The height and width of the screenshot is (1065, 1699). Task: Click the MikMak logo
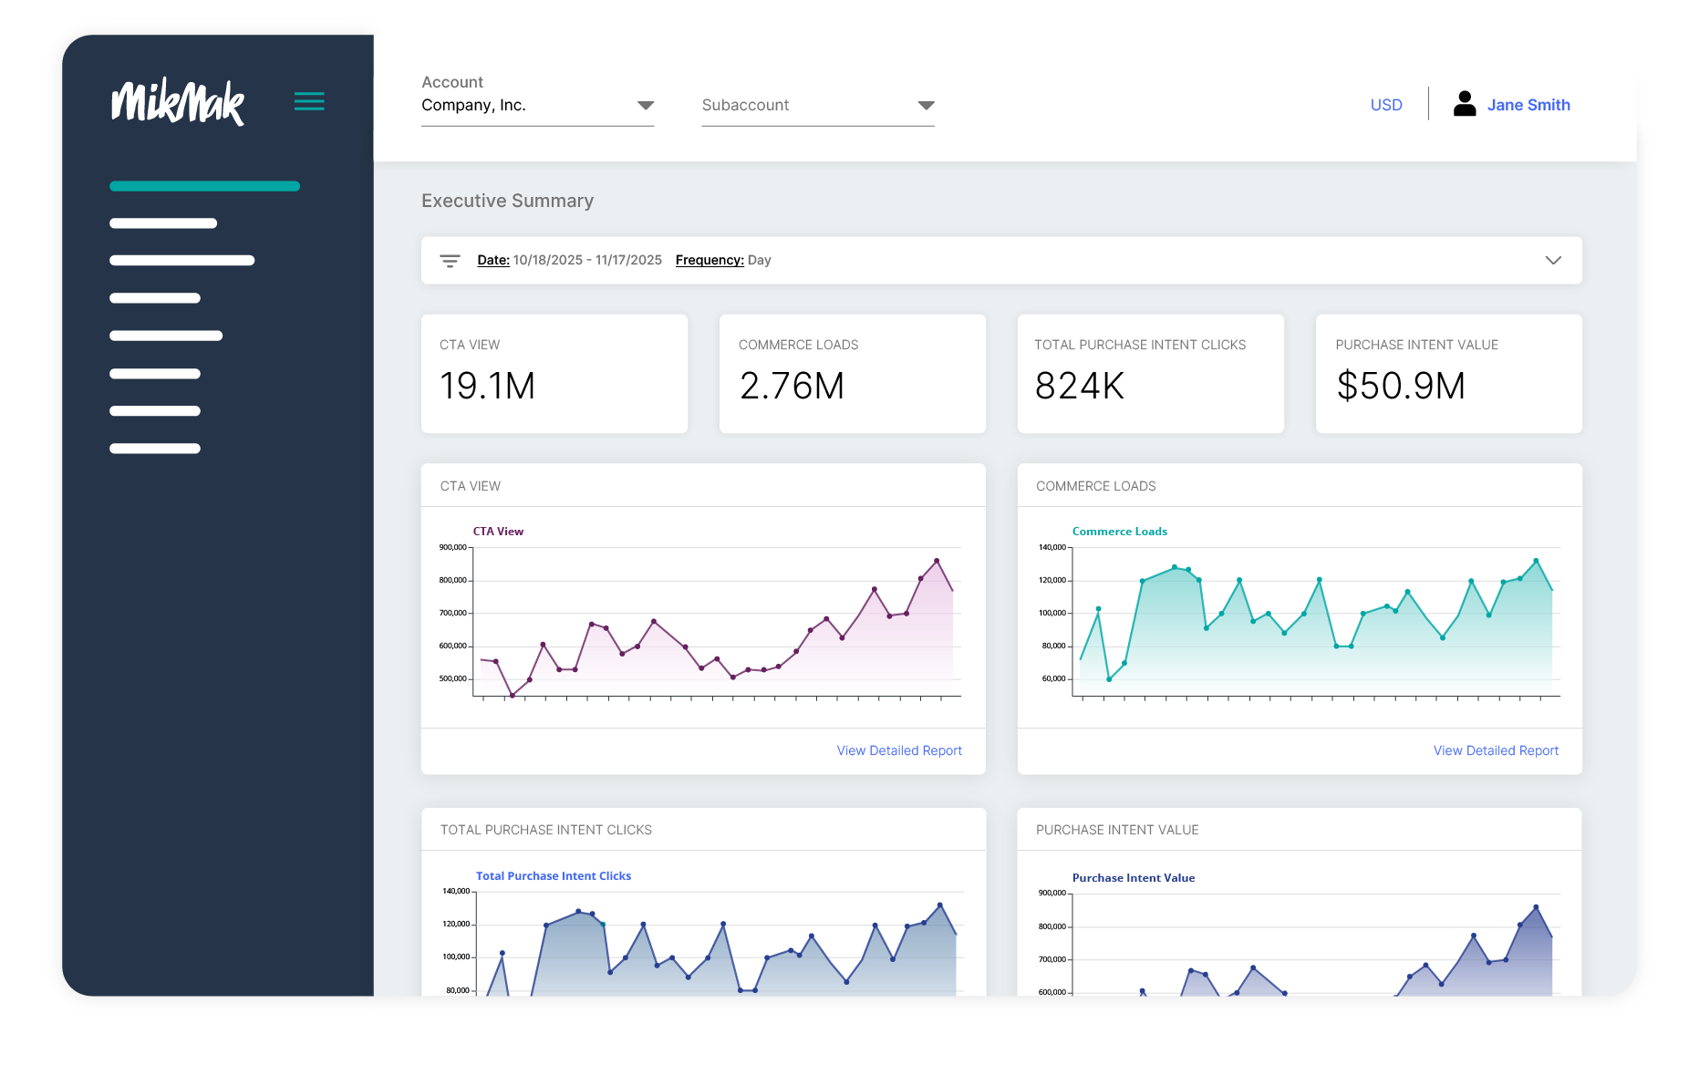click(x=178, y=102)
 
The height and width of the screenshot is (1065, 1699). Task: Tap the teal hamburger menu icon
click(x=309, y=101)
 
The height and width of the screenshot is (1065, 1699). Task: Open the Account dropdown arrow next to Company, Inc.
click(x=645, y=106)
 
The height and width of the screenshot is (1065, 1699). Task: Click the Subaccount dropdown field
click(x=817, y=106)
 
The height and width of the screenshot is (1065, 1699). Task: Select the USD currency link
click(x=1385, y=105)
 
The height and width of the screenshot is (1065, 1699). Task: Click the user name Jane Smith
click(x=1528, y=105)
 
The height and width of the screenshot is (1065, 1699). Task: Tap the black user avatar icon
click(x=1464, y=104)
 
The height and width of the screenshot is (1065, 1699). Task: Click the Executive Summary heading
click(x=507, y=201)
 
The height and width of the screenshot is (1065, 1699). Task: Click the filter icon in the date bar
click(x=450, y=261)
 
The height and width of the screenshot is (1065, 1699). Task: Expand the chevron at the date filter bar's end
click(x=1552, y=261)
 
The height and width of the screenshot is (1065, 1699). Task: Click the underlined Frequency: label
click(x=709, y=261)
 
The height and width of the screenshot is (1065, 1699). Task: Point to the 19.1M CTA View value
click(x=487, y=386)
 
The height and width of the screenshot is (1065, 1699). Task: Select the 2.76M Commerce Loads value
click(x=792, y=386)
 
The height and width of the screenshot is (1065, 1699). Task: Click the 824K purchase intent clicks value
click(x=1079, y=386)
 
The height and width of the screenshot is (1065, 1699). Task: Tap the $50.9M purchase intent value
click(x=1400, y=386)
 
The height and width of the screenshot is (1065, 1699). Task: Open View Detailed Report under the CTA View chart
click(x=898, y=750)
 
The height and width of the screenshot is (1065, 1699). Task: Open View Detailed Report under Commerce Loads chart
click(x=1495, y=750)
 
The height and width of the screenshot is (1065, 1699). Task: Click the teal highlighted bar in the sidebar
click(x=204, y=186)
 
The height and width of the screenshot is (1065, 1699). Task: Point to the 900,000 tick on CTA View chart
click(x=452, y=547)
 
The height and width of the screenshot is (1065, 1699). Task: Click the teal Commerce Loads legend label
click(x=1119, y=532)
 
